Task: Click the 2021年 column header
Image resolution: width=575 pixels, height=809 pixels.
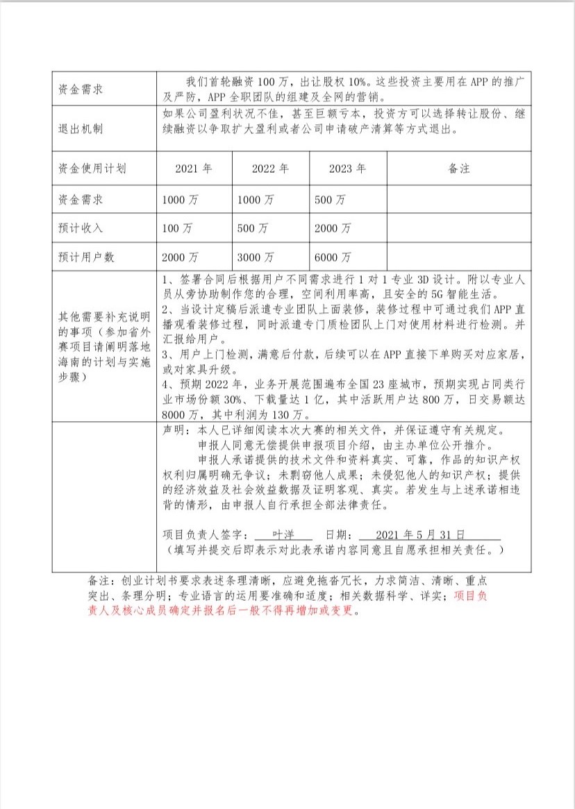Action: pos(193,169)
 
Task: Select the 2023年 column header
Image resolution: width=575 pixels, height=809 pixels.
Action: pos(347,169)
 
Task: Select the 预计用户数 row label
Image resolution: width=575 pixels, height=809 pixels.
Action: pos(85,257)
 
